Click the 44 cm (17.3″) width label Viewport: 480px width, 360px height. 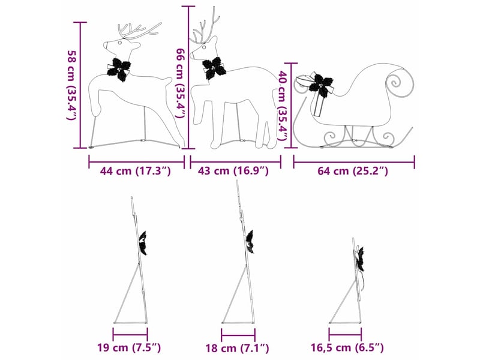136,171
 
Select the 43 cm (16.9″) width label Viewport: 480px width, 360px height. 233,171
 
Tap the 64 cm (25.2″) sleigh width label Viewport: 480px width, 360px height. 353,171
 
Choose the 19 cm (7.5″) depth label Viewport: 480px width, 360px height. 129,348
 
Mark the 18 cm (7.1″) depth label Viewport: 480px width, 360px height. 237,348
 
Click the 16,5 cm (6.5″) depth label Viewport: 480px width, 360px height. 347,348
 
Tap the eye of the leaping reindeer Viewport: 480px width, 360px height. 120,43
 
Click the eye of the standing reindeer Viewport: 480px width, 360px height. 204,47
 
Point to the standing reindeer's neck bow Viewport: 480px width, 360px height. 214,68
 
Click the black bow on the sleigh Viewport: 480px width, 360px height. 321,83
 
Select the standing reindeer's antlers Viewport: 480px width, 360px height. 206,28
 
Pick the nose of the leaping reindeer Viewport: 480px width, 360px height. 105,46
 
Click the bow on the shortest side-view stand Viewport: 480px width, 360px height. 360,259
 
